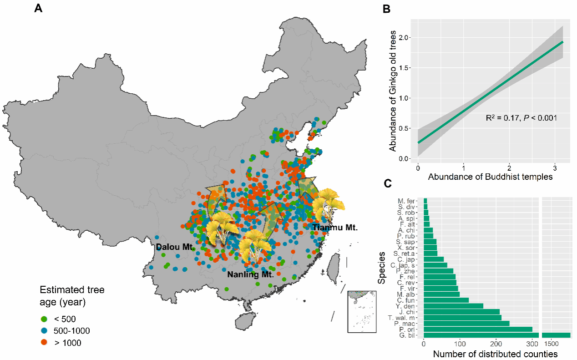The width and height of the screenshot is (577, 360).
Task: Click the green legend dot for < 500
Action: [x=44, y=319]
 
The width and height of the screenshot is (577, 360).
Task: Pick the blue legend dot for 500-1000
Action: [x=44, y=331]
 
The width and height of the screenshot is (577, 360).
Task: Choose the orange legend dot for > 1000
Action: [x=44, y=343]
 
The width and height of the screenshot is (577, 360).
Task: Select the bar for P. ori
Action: [x=478, y=329]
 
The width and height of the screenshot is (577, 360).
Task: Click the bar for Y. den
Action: [x=453, y=306]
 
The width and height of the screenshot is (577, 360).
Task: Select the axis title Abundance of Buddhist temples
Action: [x=490, y=177]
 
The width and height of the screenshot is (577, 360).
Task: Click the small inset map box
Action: [x=363, y=312]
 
